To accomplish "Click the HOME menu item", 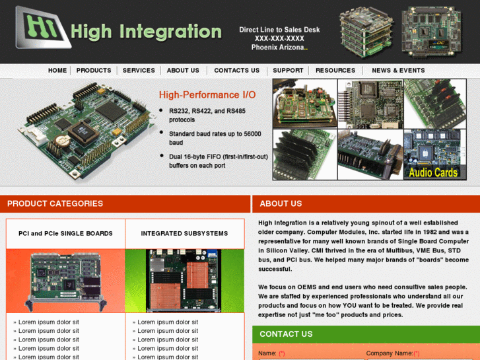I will point(57,71).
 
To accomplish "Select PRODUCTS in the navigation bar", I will point(94,71).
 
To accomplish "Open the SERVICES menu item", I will point(139,71).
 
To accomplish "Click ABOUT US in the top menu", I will point(183,71).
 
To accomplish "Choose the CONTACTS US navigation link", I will point(236,71).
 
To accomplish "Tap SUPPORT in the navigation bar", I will point(288,71).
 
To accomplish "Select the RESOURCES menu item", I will point(335,71).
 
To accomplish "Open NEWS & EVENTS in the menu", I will point(399,71).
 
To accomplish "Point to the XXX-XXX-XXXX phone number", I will point(279,38).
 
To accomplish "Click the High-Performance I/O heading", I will point(207,95).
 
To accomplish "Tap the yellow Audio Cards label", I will point(433,172).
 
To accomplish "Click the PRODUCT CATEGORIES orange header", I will point(55,203).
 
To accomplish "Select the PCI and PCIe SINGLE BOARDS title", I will point(65,233).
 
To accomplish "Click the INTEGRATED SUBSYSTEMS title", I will point(184,233).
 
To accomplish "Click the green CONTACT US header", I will point(286,334).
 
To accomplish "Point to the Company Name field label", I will point(389,353).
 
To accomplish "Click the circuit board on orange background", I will point(65,280).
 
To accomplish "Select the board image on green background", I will point(184,280).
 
